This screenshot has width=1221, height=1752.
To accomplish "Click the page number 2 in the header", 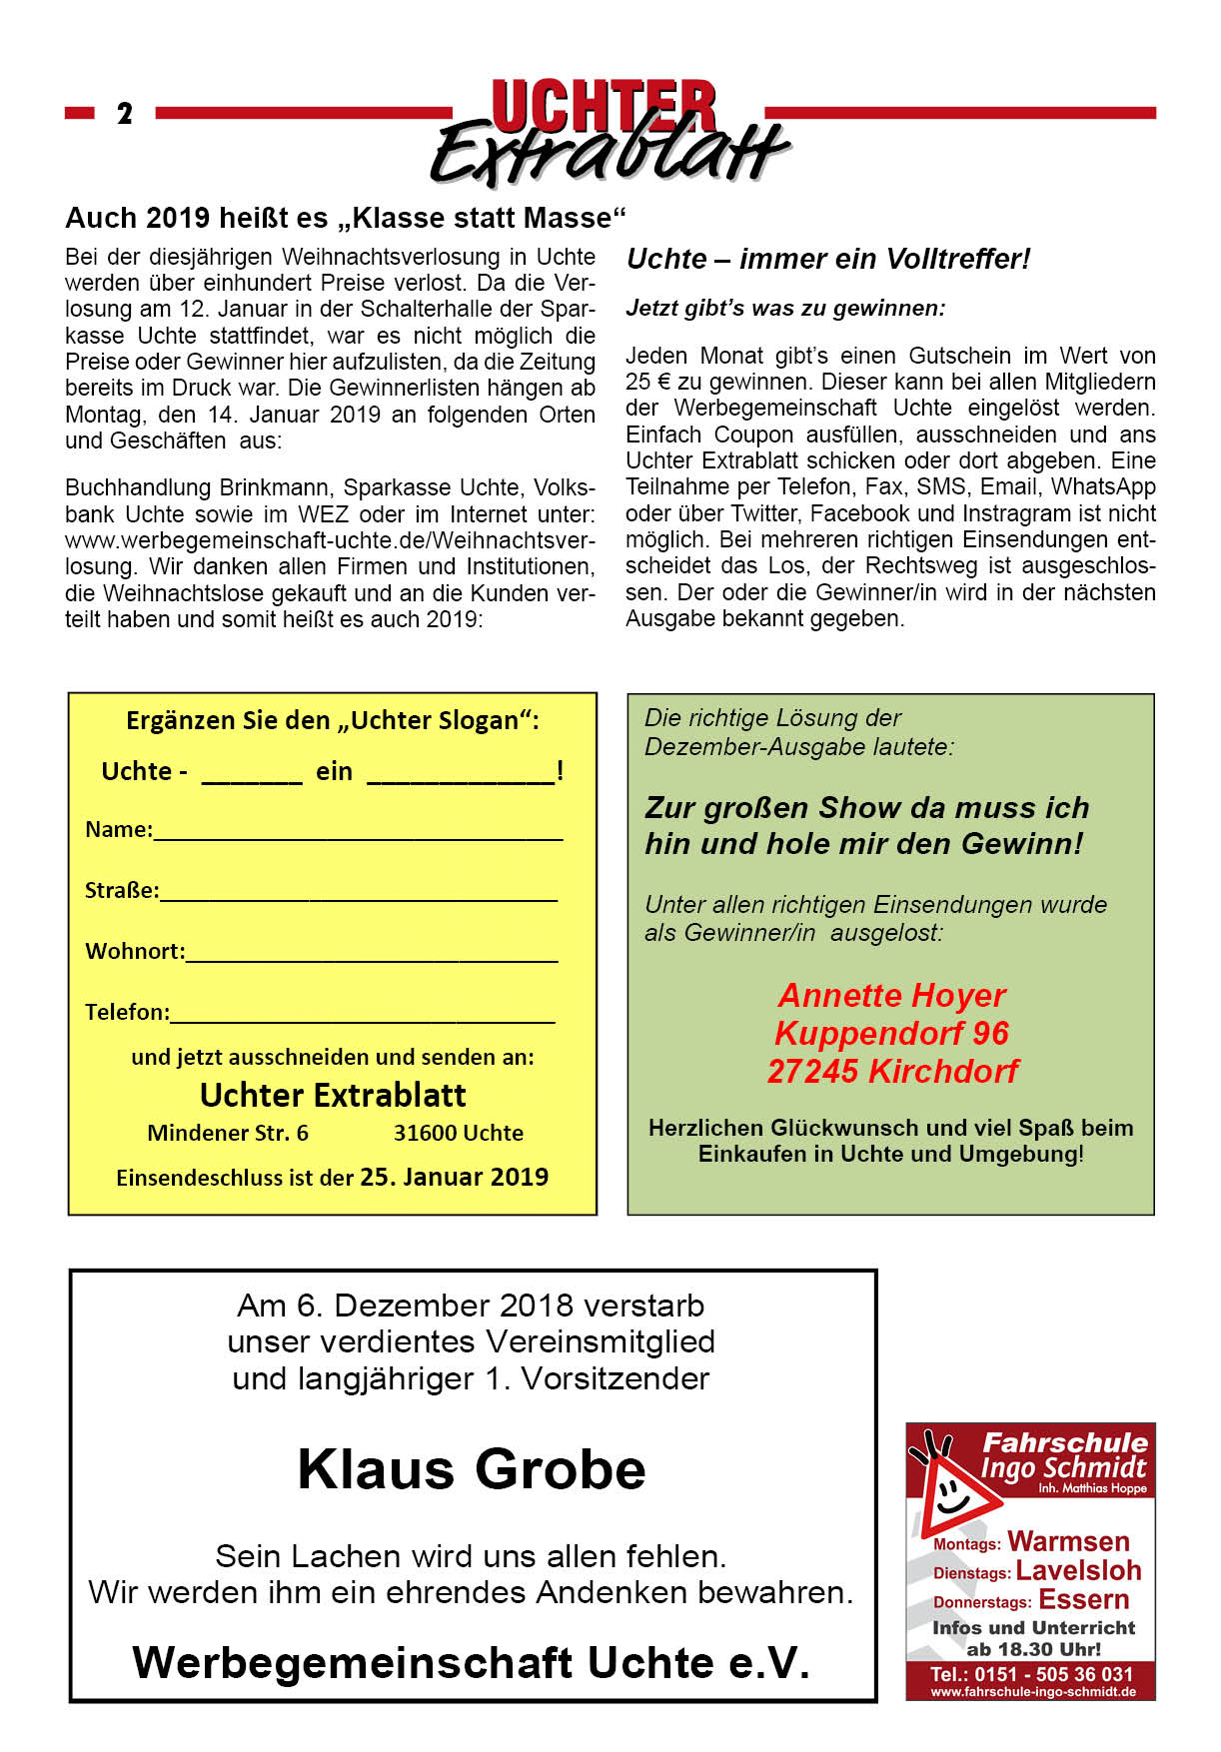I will [x=124, y=113].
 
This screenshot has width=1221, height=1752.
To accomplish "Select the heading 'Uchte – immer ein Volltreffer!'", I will [x=827, y=259].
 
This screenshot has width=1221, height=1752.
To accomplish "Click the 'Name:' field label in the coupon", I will [x=118, y=830].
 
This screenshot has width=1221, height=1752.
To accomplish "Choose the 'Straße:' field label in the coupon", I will [x=121, y=890].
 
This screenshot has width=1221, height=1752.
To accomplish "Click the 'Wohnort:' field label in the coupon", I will [x=135, y=951].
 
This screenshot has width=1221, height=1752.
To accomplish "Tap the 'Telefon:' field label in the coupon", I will [x=127, y=1012].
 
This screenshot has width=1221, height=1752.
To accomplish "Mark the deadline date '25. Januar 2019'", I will [x=454, y=1177].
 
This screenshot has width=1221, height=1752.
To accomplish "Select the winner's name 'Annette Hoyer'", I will [x=891, y=995].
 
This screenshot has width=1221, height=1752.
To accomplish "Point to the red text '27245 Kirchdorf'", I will [x=891, y=1071].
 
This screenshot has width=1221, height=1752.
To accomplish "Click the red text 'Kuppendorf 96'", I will [x=891, y=1033].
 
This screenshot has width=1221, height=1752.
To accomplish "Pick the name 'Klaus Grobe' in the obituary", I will [x=472, y=1469].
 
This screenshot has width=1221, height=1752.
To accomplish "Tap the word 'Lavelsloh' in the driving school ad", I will [x=1078, y=1570].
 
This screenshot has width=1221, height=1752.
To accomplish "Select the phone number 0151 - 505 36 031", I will [x=1053, y=1673].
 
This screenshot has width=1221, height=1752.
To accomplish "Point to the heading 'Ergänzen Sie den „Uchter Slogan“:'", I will [x=332, y=720].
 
